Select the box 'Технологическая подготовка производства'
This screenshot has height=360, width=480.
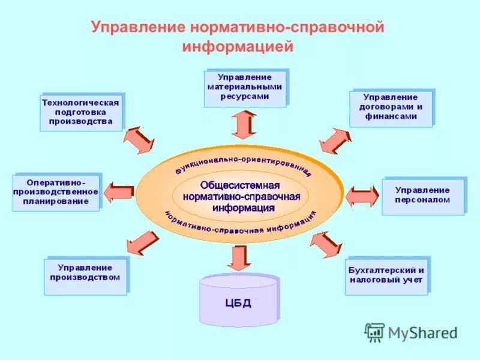(x=81, y=113)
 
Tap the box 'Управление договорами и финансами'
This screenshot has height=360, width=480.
(x=391, y=109)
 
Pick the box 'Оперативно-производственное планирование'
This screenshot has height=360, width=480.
(x=56, y=193)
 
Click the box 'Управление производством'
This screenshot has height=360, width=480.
(x=85, y=277)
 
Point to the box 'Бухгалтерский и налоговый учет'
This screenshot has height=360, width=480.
(x=386, y=276)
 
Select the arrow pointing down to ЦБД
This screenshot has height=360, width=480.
(x=238, y=257)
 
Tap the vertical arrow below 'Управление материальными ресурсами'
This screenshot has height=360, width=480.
(x=244, y=125)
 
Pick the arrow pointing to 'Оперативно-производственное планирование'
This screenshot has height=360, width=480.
(x=119, y=193)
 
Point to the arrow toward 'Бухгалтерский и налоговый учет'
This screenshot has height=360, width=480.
(x=326, y=244)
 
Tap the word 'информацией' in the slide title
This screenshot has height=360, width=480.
(x=239, y=46)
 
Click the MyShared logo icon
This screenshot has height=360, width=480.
(x=375, y=332)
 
